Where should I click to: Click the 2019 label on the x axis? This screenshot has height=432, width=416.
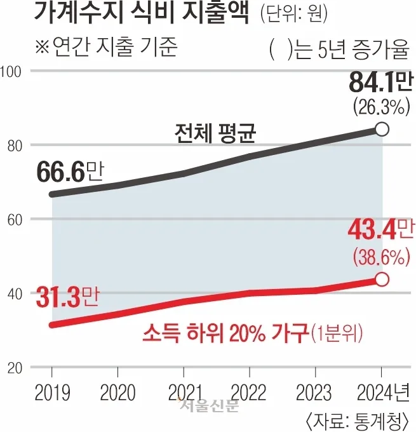tap(51, 389)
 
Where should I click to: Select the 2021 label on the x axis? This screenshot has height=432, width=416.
tap(183, 389)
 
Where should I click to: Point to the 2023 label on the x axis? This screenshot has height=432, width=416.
tap(315, 389)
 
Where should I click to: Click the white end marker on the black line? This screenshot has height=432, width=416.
tap(382, 129)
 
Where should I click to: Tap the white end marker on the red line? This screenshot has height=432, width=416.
tap(382, 279)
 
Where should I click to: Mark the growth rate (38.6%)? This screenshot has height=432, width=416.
tap(379, 257)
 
